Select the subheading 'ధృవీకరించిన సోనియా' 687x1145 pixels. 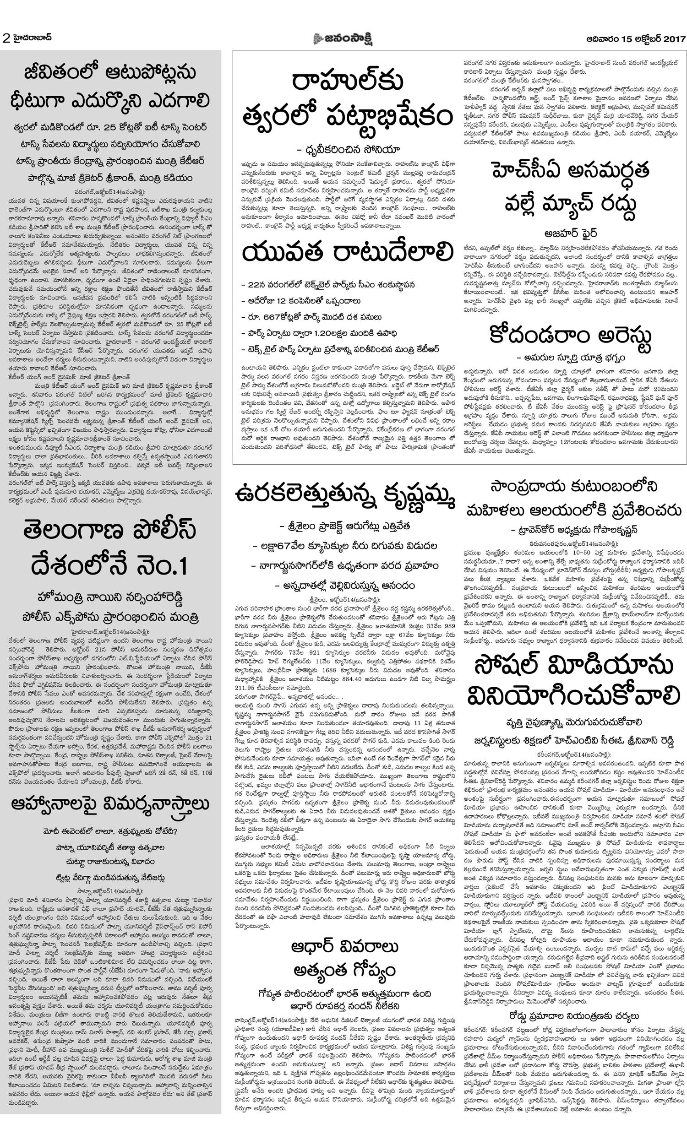click(x=348, y=150)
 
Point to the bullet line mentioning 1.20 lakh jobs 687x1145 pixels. click(x=323, y=333)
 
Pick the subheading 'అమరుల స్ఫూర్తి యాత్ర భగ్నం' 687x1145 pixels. click(x=571, y=358)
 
